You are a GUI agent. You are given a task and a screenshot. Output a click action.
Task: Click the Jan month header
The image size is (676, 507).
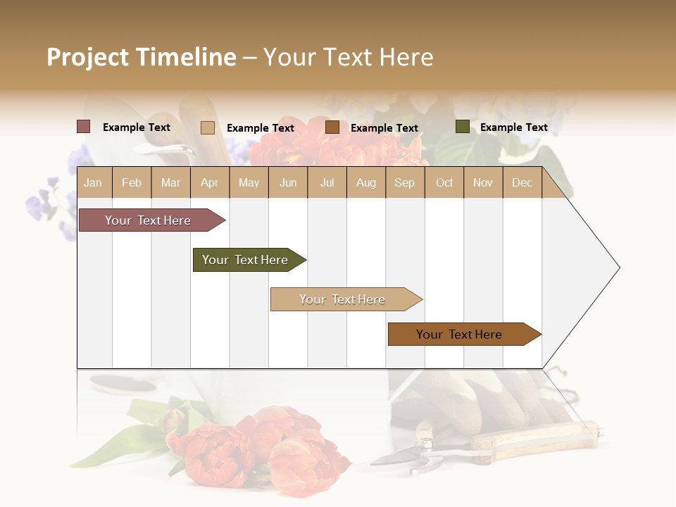point(93,183)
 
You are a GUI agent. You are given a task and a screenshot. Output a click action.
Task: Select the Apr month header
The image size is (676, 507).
point(209,183)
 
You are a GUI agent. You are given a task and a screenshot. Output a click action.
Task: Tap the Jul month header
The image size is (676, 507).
point(327,183)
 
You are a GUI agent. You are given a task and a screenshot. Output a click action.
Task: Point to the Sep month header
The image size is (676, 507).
point(404,183)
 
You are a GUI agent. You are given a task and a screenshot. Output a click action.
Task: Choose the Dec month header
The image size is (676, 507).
point(522,183)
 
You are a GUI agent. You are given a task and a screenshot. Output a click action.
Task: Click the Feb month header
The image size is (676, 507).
point(132,183)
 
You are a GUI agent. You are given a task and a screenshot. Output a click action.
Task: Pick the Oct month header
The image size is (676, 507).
point(444,183)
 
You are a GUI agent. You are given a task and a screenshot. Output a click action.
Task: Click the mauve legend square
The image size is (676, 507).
point(84,127)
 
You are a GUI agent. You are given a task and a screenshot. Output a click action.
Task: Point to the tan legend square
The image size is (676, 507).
point(208,127)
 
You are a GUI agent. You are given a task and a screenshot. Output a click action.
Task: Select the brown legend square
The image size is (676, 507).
point(332,127)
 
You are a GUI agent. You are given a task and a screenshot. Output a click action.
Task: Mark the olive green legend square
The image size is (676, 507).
point(462,127)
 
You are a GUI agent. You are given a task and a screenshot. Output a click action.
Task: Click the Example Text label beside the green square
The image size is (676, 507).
point(513,127)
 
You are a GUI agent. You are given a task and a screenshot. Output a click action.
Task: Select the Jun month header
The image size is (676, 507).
point(288,183)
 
